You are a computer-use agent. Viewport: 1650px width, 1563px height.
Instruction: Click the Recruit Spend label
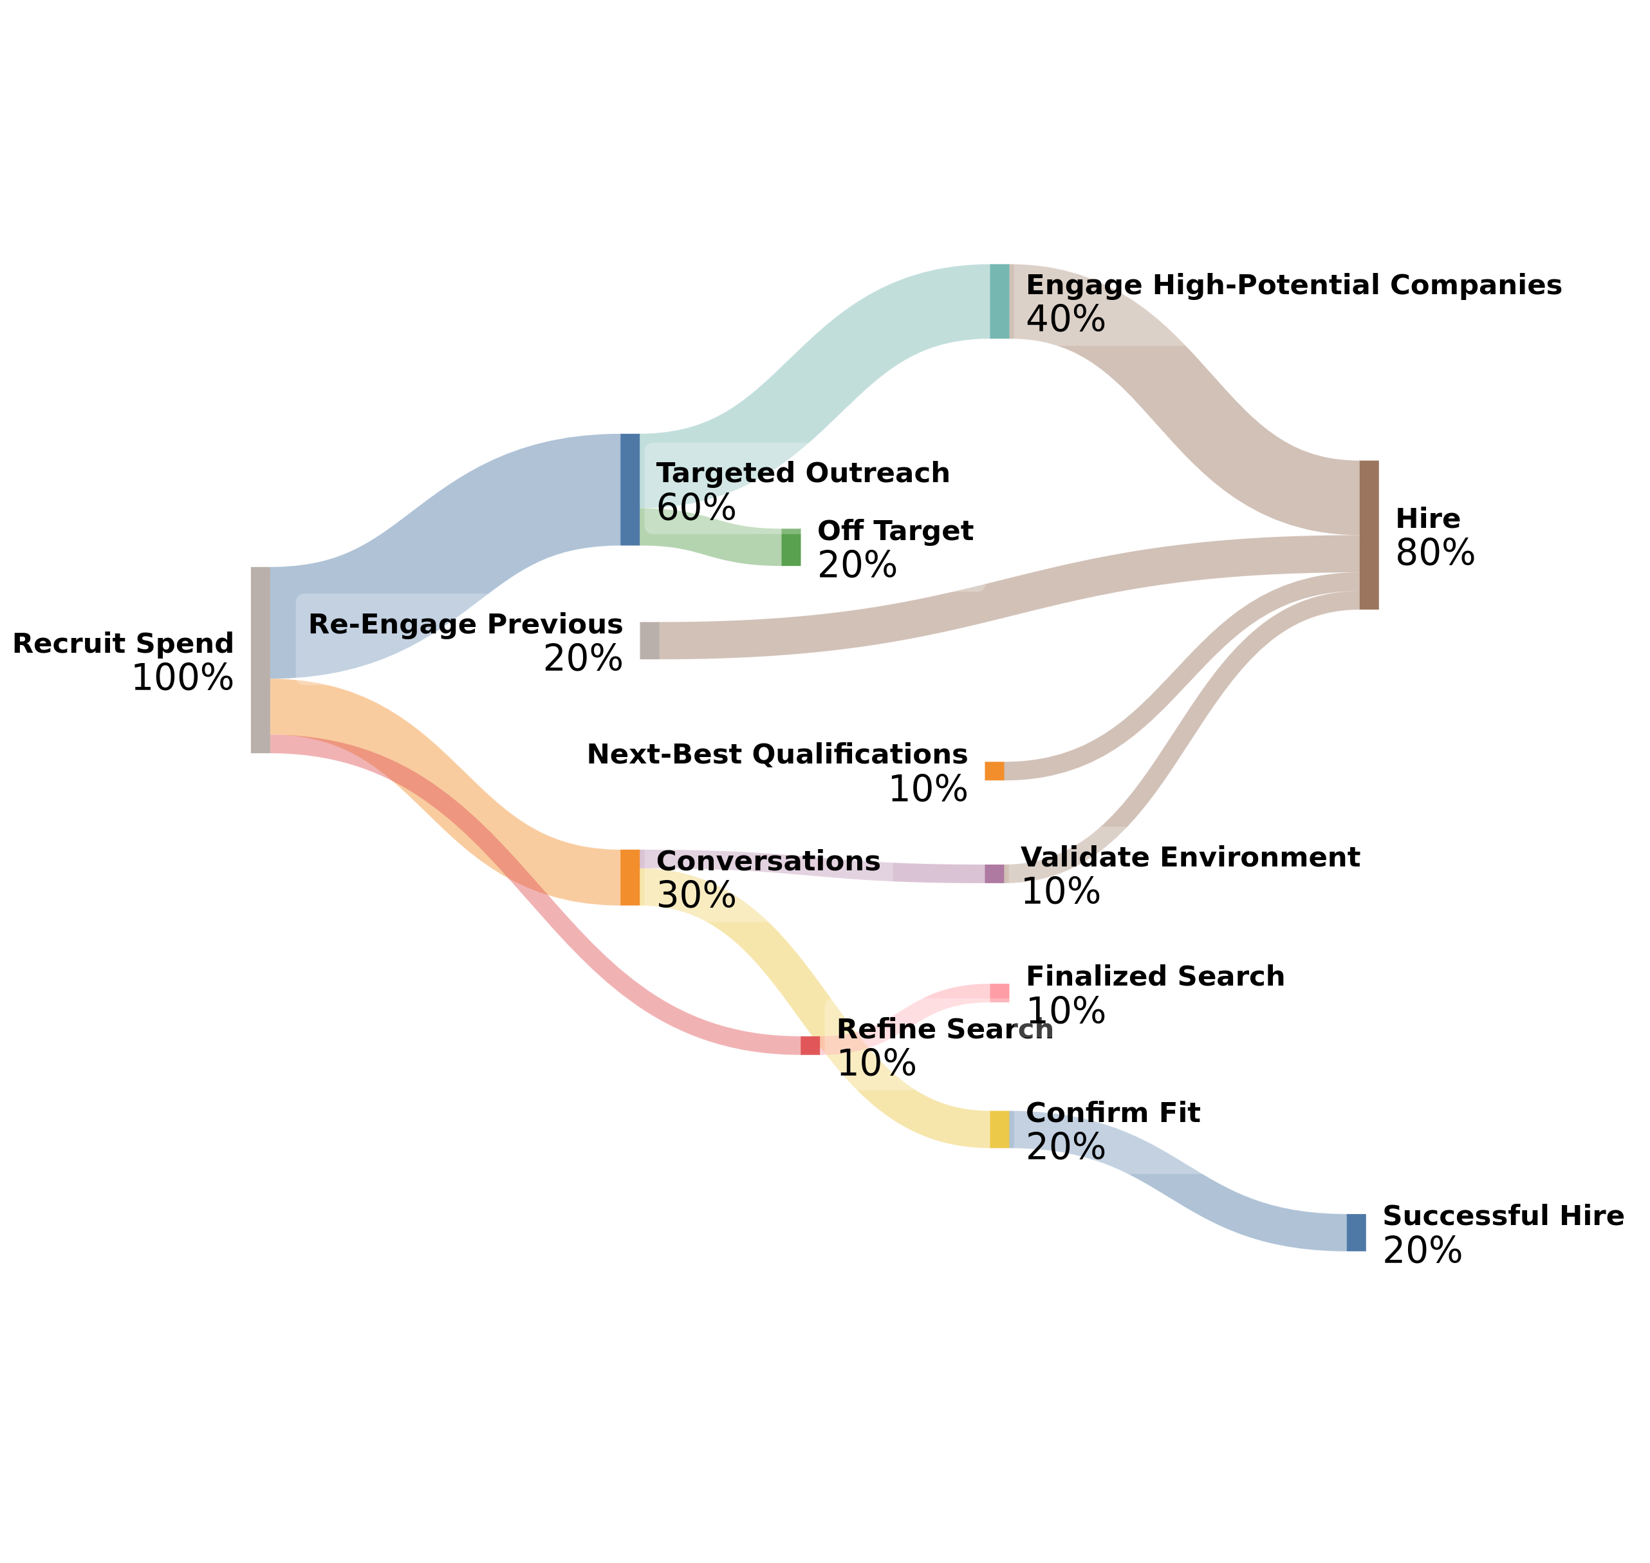click(x=124, y=643)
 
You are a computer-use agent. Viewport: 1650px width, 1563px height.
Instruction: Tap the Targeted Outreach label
click(x=802, y=473)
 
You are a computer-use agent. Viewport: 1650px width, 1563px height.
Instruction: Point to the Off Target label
click(x=895, y=530)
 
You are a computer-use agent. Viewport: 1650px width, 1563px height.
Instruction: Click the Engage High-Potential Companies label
click(x=1293, y=285)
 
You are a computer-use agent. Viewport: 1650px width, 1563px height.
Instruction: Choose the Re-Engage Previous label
click(x=465, y=624)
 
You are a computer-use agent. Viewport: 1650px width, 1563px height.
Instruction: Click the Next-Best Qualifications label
click(x=776, y=754)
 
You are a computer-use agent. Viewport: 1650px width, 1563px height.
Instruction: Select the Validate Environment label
click(x=1189, y=857)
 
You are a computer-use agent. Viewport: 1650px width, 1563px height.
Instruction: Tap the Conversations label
click(x=767, y=861)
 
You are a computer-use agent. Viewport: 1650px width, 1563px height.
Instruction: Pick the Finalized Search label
click(x=1154, y=977)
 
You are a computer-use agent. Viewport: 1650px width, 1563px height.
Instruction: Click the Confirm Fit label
click(x=1112, y=1113)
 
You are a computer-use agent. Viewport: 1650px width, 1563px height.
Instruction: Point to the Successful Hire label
click(x=1503, y=1217)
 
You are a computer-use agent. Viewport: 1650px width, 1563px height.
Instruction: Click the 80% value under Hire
click(x=1434, y=553)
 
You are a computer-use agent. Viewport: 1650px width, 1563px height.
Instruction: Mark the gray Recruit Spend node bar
click(x=260, y=660)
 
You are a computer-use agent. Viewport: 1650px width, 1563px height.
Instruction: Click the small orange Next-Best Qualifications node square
click(x=994, y=771)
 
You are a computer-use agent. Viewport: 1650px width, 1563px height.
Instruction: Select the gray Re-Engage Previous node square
click(x=649, y=641)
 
